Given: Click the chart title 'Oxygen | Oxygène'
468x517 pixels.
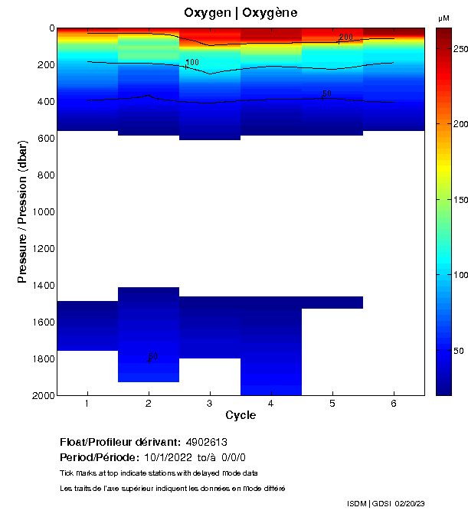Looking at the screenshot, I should (x=241, y=13).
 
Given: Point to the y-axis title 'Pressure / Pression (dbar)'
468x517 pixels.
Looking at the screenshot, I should (x=23, y=211).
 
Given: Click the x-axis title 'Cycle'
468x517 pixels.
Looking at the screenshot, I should (x=241, y=416).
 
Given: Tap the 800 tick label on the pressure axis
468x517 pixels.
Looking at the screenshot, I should (x=42, y=175).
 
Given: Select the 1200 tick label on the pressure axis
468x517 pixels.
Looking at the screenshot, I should (x=40, y=249).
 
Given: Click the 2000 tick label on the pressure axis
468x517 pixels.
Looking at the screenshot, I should (x=40, y=395).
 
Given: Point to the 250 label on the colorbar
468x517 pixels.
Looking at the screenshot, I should (x=460, y=49).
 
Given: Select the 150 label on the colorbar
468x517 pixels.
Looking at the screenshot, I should (x=460, y=200).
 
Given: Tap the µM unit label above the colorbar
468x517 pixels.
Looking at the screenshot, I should (x=443, y=18).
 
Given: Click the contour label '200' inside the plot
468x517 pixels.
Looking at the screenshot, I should (x=346, y=37).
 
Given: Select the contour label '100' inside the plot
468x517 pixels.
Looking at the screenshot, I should (x=192, y=62).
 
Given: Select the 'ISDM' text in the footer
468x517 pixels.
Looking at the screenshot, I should (x=357, y=503).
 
